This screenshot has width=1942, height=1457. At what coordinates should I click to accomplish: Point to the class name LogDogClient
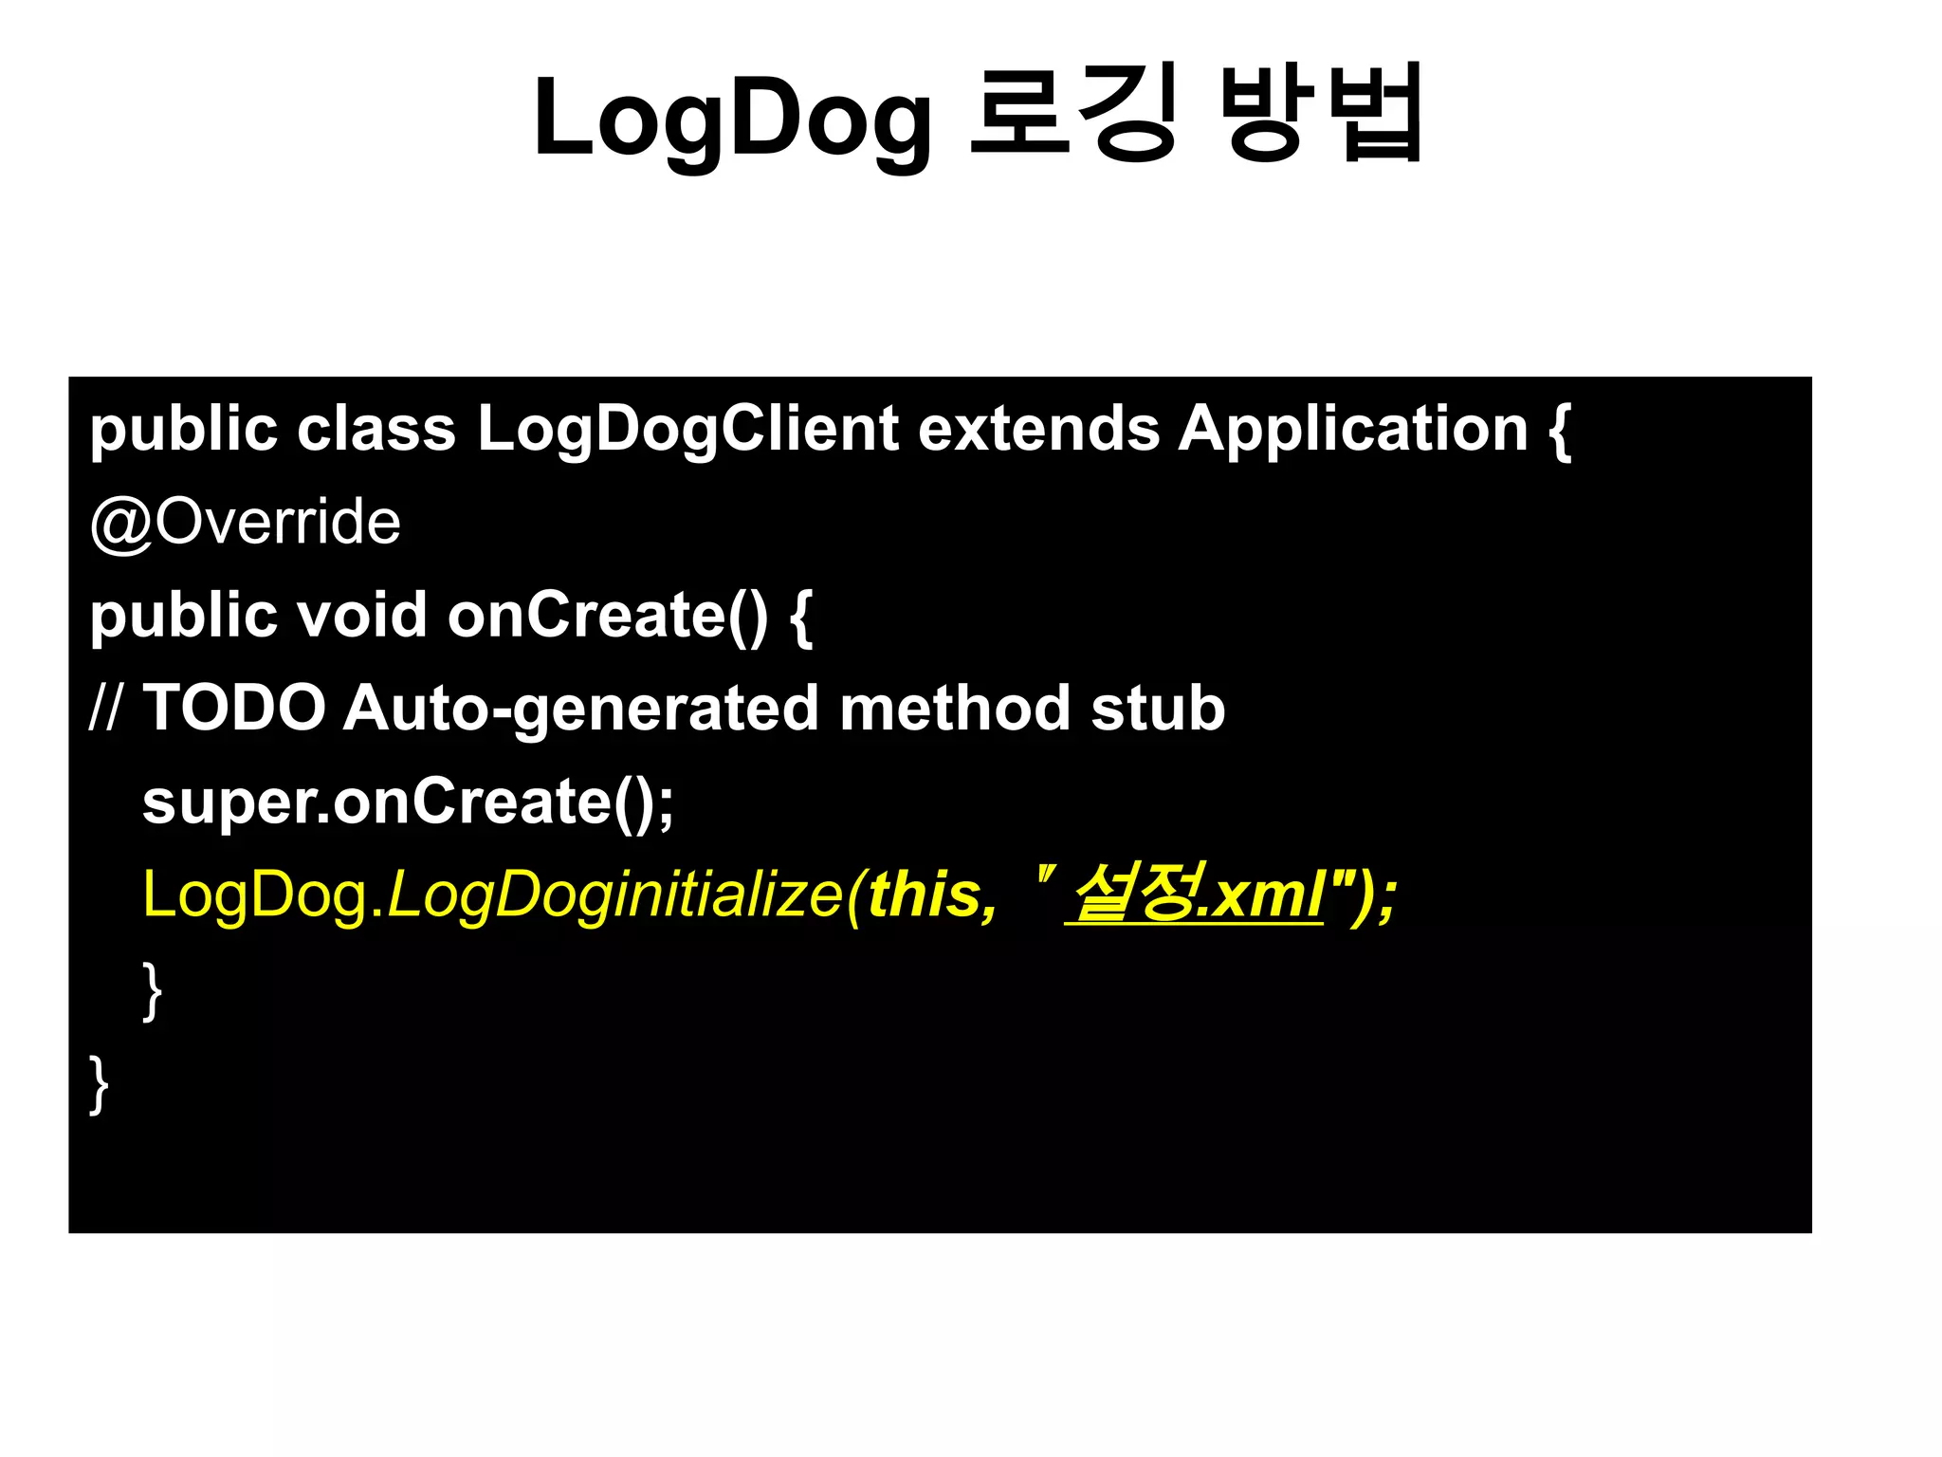[687, 430]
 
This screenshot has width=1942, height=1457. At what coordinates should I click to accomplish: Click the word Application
[1353, 430]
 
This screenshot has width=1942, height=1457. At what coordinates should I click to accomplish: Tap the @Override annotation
[245, 523]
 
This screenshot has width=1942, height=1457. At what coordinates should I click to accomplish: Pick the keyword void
[361, 615]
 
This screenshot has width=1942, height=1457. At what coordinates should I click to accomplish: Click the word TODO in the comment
[234, 708]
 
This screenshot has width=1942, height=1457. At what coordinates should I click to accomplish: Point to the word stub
[1158, 708]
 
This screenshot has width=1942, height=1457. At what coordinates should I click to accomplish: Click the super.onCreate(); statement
[408, 802]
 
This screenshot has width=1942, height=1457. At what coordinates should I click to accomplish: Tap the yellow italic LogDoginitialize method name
[614, 895]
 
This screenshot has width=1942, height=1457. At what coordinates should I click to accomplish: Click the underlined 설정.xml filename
[1195, 894]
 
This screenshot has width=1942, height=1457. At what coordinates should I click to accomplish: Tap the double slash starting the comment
[104, 708]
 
